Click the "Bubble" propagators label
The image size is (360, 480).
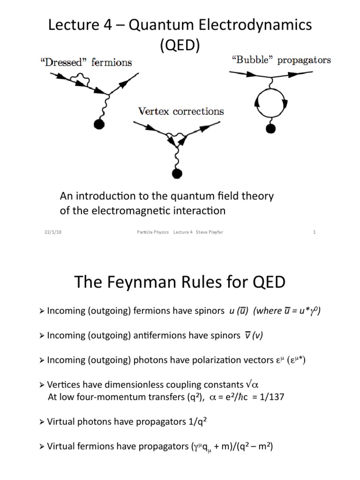(x=281, y=60)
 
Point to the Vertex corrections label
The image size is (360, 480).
(x=180, y=112)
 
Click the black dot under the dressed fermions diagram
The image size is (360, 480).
(x=99, y=124)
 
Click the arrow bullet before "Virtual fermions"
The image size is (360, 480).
(x=43, y=447)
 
